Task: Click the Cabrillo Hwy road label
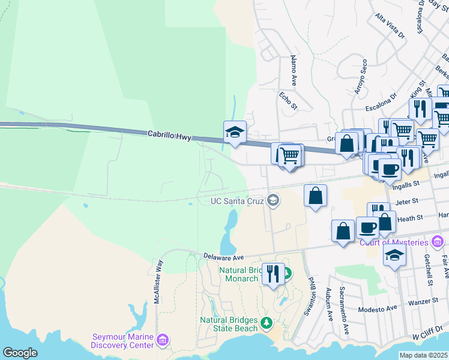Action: point(169,137)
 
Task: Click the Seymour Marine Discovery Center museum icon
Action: point(162,341)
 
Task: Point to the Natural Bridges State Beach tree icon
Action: point(267,323)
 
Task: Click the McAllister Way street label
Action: point(158,281)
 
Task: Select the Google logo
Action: point(20,353)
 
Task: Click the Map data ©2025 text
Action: point(424,355)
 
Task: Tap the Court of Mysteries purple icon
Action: point(438,242)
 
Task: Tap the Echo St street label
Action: point(289,100)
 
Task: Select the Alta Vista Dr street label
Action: point(390,26)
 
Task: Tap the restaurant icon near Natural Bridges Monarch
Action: point(273,274)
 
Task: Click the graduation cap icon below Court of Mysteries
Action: point(394,255)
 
